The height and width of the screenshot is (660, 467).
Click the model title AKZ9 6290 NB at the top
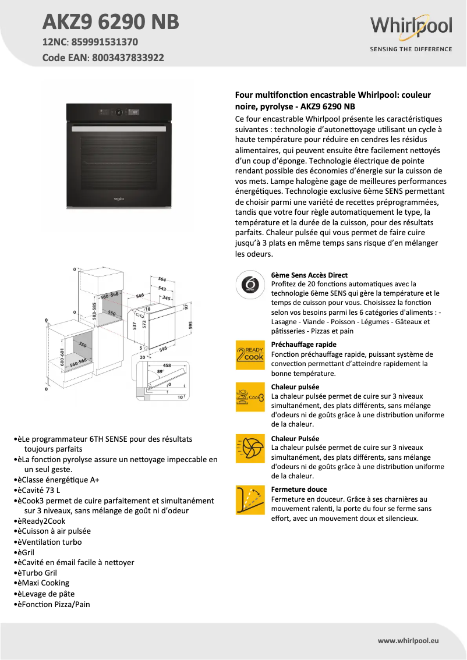tap(111, 22)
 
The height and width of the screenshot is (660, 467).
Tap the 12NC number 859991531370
tap(105, 42)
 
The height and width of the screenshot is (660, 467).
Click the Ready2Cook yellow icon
tap(250, 354)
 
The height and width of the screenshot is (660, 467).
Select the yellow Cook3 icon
tap(250, 397)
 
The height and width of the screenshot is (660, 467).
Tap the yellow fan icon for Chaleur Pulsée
tap(250, 448)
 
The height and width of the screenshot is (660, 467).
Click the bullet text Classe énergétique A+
tap(61, 480)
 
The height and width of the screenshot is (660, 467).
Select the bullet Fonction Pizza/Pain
tap(56, 604)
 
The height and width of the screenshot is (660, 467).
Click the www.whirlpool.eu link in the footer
tap(408, 640)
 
